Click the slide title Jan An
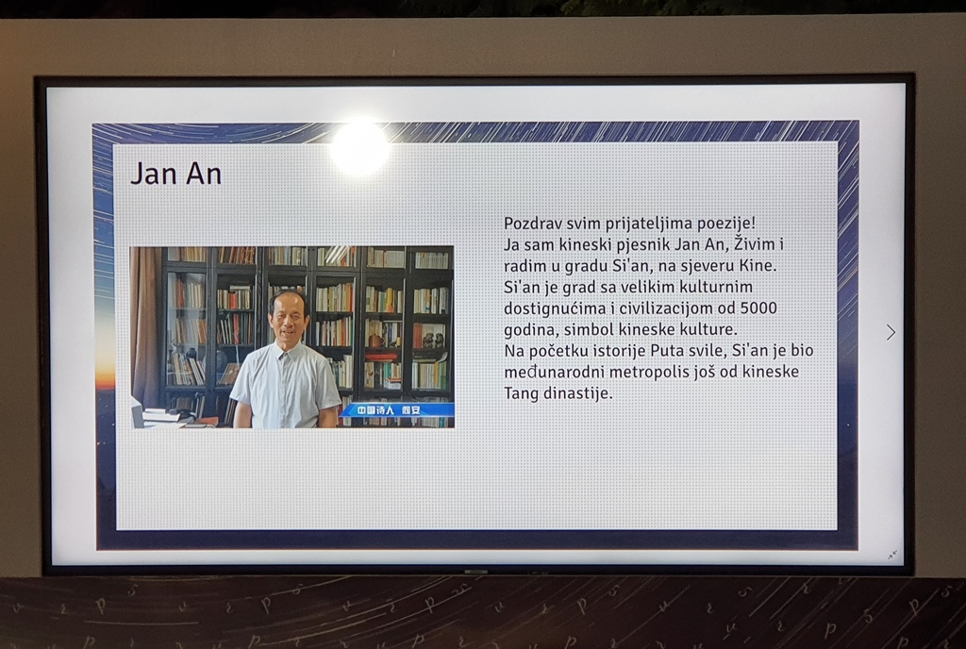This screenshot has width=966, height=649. pos(175,174)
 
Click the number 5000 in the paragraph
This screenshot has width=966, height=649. pos(758,308)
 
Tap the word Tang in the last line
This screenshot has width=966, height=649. pos(521,393)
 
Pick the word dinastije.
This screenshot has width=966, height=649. pos(577,393)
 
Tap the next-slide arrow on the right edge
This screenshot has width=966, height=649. pos(891,332)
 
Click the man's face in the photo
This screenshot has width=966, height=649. pos(289,318)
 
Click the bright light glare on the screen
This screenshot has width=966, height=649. pos(359,148)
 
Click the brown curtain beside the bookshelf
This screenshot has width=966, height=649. pos(145,325)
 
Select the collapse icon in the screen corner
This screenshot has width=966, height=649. pos(892,556)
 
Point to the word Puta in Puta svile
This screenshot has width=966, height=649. pos(665,351)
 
